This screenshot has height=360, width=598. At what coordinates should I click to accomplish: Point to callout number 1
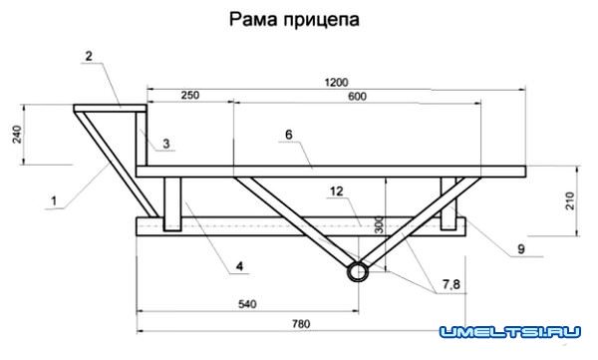point(51,199)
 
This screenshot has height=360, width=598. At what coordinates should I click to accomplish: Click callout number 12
point(336,189)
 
